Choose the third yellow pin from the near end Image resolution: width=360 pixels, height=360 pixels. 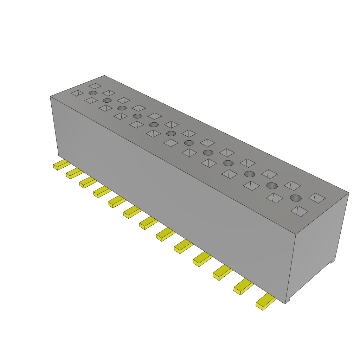(x=222, y=272)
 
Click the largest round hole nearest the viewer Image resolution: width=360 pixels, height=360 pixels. (x=296, y=198)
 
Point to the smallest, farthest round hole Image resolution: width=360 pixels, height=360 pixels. (x=93, y=93)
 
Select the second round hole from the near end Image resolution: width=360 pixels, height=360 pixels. (x=271, y=186)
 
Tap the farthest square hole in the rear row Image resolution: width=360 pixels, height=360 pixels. (x=95, y=85)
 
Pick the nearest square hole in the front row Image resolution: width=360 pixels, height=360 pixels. (x=299, y=211)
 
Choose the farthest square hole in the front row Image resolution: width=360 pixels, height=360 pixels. (x=77, y=93)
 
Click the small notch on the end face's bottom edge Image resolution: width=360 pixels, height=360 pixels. (x=331, y=262)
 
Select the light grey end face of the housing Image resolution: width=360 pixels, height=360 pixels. (x=318, y=246)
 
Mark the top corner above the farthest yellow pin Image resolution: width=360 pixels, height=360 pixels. (x=50, y=96)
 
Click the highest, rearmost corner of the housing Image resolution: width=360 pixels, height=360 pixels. (x=104, y=75)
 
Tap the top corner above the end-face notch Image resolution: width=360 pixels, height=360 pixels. (x=348, y=193)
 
